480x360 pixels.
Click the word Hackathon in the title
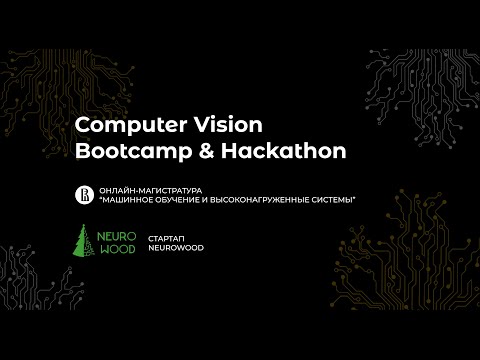(281, 152)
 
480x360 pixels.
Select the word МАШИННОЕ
(126, 200)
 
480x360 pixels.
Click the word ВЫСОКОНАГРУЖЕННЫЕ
(264, 200)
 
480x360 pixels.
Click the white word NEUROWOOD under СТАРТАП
(175, 248)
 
